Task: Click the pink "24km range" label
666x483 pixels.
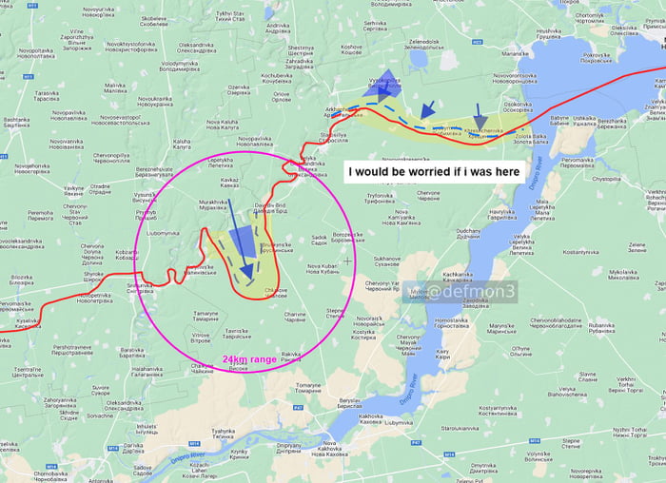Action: coord(250,359)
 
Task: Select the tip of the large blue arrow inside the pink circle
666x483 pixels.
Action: coord(246,277)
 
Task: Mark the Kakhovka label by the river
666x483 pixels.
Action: coord(371,419)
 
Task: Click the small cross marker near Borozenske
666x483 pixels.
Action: coord(348,260)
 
